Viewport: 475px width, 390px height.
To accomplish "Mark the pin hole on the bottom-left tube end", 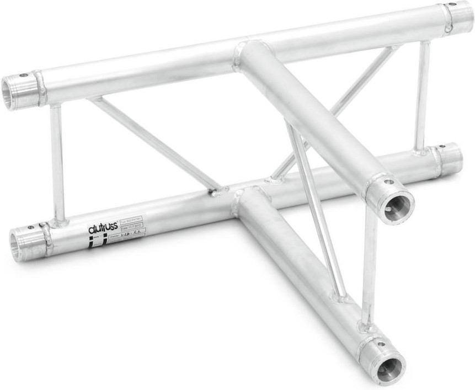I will click(28, 225).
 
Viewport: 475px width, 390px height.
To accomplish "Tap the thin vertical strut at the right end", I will click(423, 97).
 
